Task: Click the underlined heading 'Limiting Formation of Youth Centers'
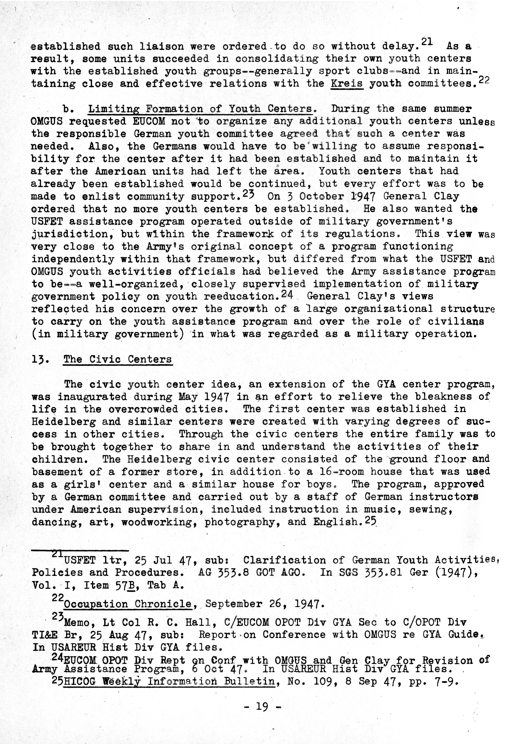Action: tap(200, 109)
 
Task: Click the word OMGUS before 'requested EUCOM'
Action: tap(46, 121)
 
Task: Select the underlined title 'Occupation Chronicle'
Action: tap(128, 604)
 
